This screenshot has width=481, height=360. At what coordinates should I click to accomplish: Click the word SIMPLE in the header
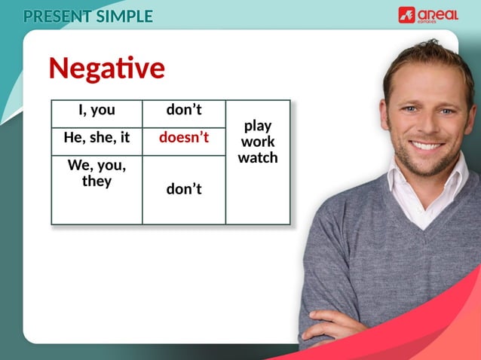point(124,16)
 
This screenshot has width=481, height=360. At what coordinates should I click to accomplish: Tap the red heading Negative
point(106,69)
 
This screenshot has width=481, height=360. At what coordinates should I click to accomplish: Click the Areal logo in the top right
point(427,14)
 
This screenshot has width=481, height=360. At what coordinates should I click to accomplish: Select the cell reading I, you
point(97,110)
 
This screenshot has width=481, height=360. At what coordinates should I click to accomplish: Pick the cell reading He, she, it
point(97,139)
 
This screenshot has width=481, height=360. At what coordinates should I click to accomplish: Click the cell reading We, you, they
point(97,173)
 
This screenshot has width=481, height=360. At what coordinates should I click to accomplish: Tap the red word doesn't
point(183,139)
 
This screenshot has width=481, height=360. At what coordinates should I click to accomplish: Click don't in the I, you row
point(183,110)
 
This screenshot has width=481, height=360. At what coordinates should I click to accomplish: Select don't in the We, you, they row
point(183,189)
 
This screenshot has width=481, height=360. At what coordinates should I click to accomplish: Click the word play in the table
point(257,126)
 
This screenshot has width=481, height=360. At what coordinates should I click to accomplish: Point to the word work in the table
point(257,142)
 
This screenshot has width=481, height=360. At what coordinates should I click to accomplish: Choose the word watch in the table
point(257,157)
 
